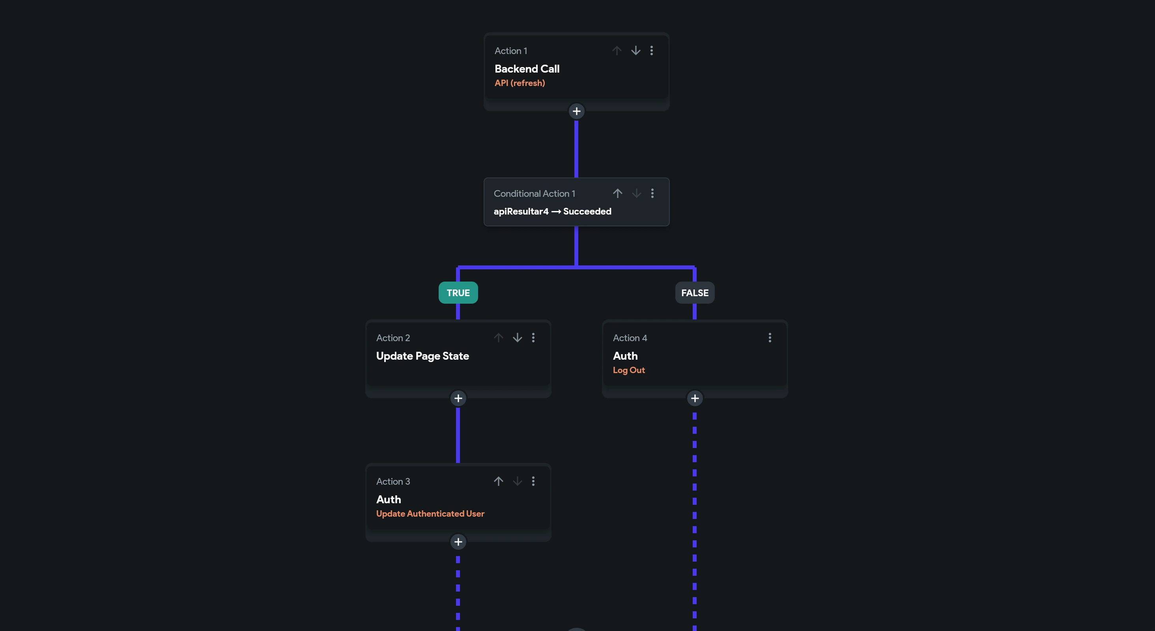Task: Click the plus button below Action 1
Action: [577, 111]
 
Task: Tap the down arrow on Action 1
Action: [636, 50]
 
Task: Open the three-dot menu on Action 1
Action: [652, 50]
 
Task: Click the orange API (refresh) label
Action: [520, 83]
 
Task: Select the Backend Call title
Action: [527, 69]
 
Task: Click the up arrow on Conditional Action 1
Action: [617, 193]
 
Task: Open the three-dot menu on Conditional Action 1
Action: [652, 193]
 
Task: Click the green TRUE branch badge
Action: [458, 293]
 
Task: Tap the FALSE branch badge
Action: [695, 293]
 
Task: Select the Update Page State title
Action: [422, 356]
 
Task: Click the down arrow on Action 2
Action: [518, 338]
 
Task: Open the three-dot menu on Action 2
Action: [533, 338]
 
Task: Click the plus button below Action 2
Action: [458, 398]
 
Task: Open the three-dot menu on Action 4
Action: [770, 338]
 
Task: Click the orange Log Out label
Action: [629, 370]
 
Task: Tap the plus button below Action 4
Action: [695, 398]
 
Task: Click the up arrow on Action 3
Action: [499, 481]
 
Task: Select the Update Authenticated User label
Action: [430, 513]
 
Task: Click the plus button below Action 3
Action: [458, 542]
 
